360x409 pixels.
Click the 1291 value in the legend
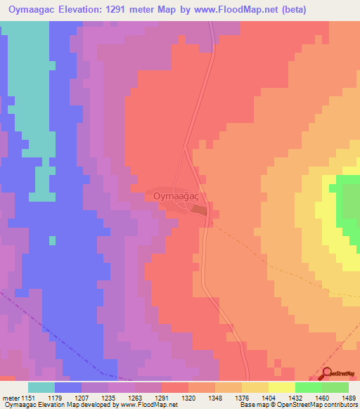[161, 397]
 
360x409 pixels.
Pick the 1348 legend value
[215, 397]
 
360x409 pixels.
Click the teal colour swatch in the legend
[41, 387]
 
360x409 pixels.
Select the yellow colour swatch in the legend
[281, 387]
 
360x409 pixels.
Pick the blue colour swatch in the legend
[68, 387]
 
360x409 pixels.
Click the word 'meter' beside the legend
[9, 397]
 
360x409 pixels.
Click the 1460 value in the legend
[322, 397]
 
